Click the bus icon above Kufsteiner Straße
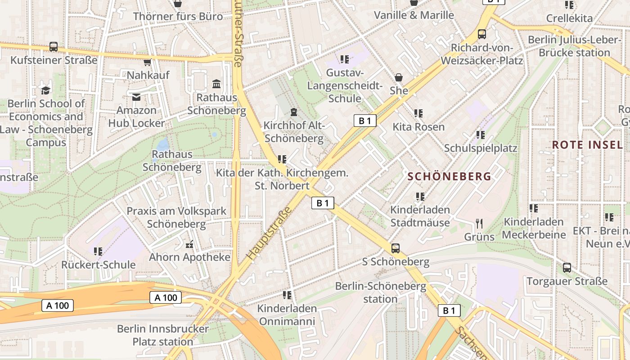click(53, 46)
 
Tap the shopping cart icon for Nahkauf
click(147, 62)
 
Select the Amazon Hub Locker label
click(136, 117)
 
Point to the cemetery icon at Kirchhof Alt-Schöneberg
click(294, 112)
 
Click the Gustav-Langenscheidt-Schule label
click(345, 85)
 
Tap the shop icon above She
click(398, 77)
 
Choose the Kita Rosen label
click(418, 127)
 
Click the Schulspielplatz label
click(481, 148)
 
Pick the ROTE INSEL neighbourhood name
click(587, 145)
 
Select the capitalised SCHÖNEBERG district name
click(449, 176)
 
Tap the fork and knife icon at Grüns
click(479, 223)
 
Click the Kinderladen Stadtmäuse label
click(420, 216)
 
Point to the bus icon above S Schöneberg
click(395, 248)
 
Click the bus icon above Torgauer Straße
click(567, 268)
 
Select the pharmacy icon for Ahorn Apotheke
click(189, 244)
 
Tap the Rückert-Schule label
click(99, 265)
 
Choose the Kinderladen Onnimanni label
click(287, 315)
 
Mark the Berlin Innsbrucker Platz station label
click(163, 335)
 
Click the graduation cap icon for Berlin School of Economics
click(45, 90)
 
